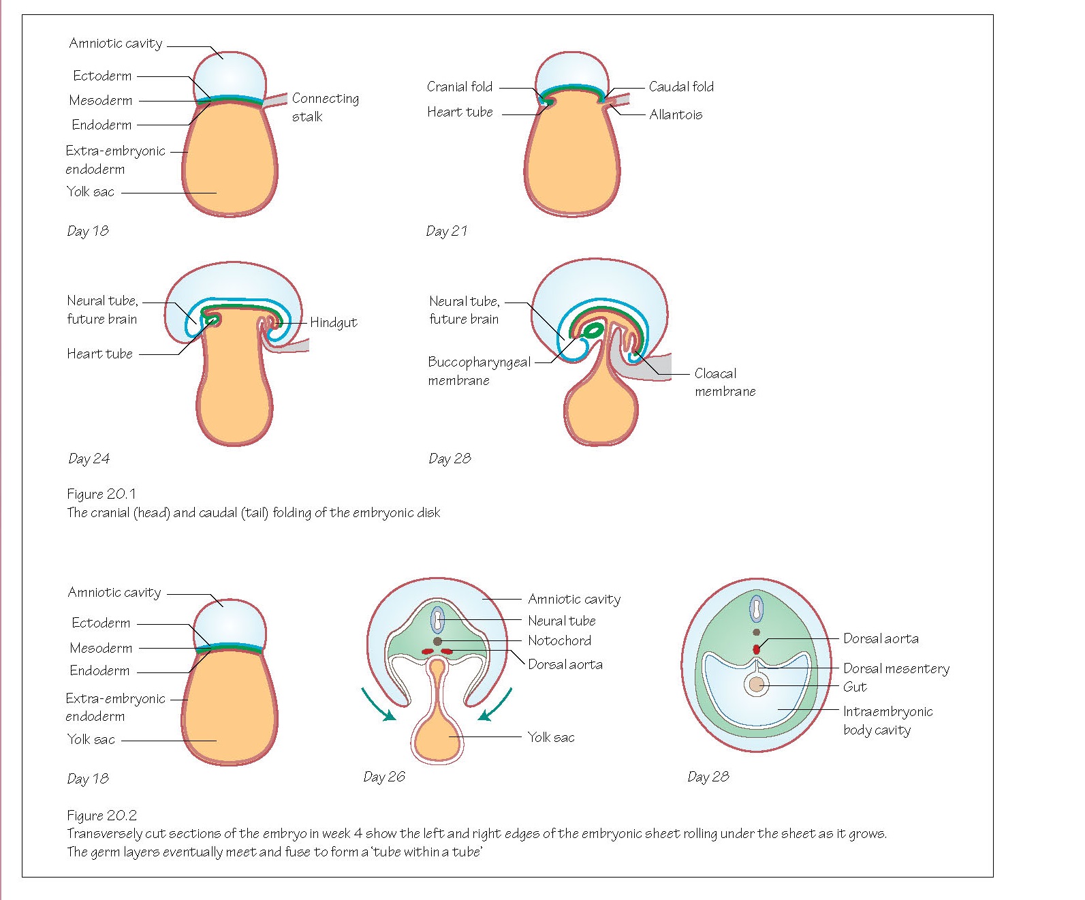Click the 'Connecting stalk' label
tap(325, 107)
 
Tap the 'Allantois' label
tap(675, 114)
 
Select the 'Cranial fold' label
tap(459, 87)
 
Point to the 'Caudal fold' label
tap(681, 87)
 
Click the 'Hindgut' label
tap(333, 322)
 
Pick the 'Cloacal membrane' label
tap(725, 382)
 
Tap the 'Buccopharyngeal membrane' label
tap(479, 371)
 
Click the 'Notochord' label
tap(559, 640)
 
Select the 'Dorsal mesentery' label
tap(896, 668)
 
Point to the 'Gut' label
tap(855, 687)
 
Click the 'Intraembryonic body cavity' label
tap(887, 720)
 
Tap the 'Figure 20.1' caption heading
tap(101, 494)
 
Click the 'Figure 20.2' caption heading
tap(101, 815)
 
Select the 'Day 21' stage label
tap(447, 231)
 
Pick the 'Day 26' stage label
tap(384, 777)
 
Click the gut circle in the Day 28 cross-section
tap(756, 684)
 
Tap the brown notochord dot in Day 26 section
tap(437, 641)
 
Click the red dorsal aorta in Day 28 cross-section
tap(756, 649)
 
